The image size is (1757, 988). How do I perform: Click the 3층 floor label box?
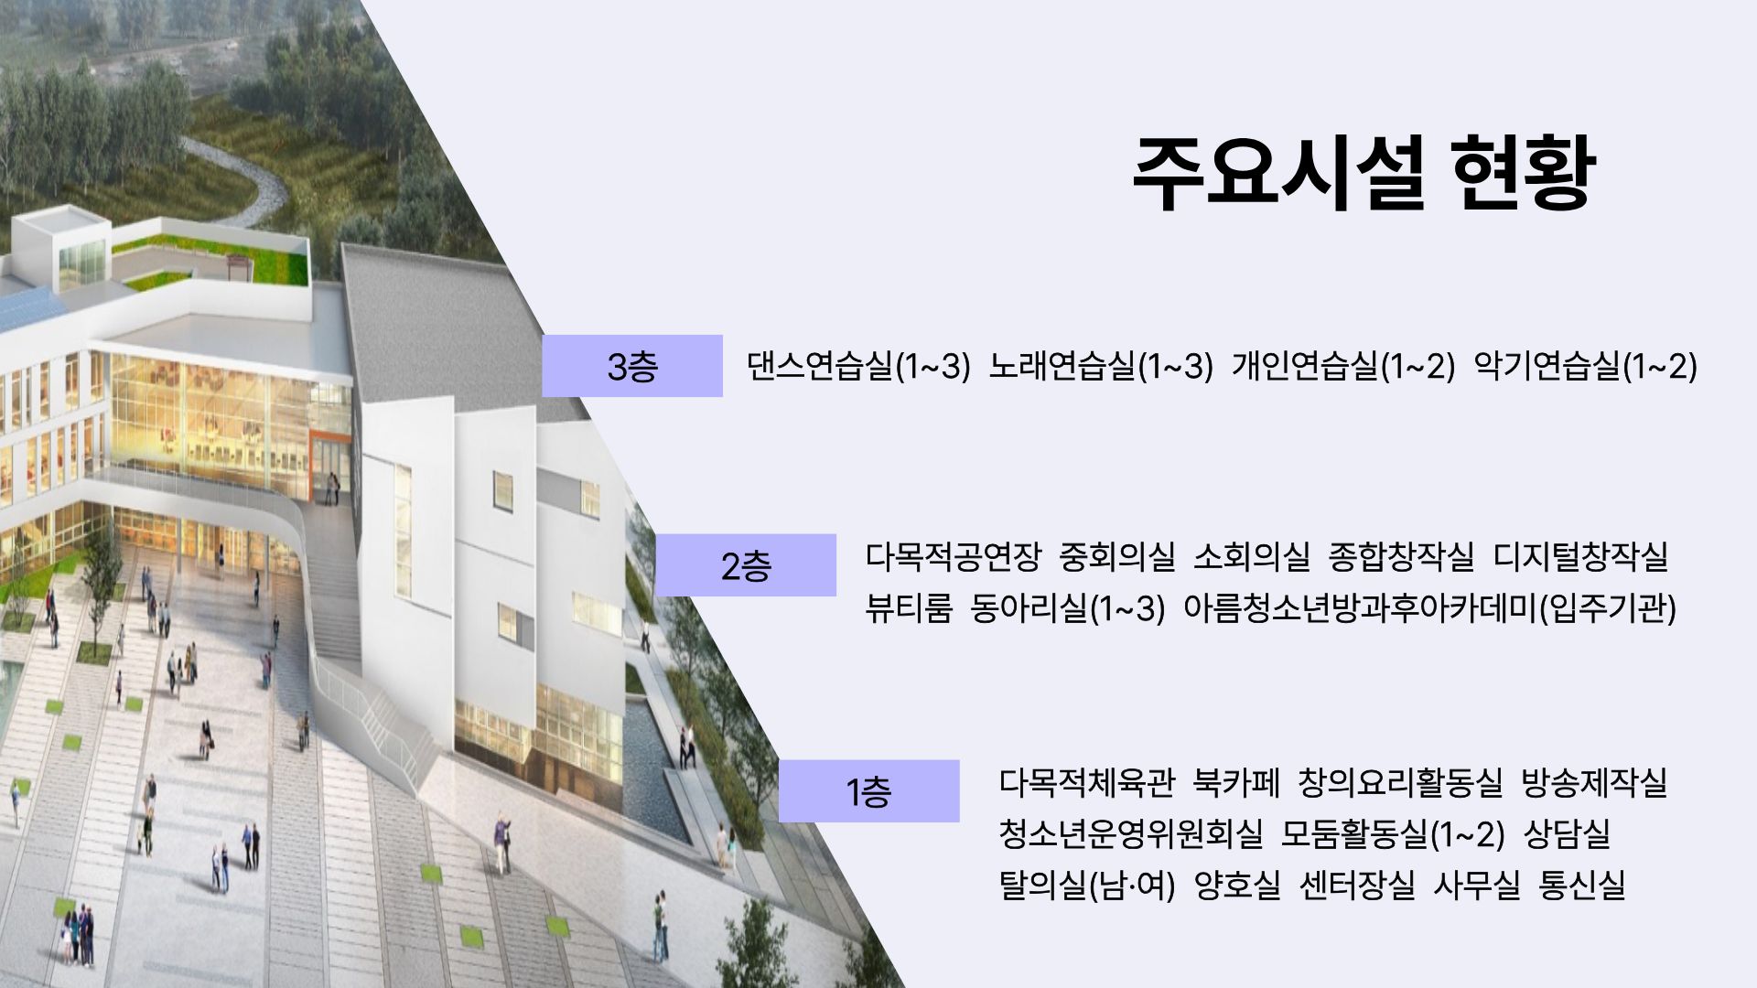631,366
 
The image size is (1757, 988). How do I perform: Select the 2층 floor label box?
746,565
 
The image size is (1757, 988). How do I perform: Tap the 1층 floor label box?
868,791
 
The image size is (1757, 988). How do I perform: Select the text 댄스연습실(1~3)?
857,367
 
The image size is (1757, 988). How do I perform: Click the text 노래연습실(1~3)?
1101,367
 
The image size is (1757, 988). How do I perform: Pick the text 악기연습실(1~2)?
1586,367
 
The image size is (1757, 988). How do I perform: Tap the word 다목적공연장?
953,556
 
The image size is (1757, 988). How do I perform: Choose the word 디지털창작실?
1580,556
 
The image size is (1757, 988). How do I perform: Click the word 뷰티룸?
910,607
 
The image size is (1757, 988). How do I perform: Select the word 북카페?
1235,783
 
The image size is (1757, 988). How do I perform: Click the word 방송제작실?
1594,783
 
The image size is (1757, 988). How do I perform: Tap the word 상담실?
1567,834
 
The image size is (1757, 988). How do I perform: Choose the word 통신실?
1582,886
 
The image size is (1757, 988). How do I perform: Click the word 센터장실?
1357,886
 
